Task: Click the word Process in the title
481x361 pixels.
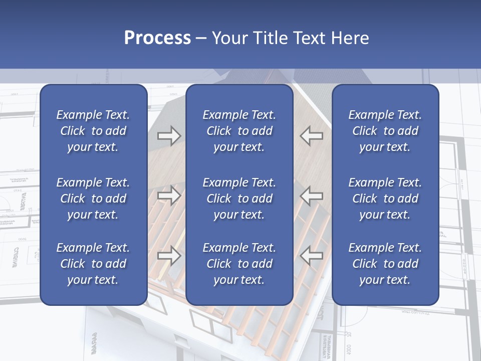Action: tap(157, 38)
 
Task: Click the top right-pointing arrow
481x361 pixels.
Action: tap(169, 135)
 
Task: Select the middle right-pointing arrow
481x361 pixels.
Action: tap(169, 195)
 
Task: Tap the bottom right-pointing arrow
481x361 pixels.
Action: tap(169, 255)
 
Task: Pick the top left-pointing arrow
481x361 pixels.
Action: tap(312, 135)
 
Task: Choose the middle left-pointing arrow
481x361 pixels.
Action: tap(312, 195)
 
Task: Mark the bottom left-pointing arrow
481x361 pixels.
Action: tap(312, 255)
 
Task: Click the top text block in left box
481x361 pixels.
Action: tap(93, 131)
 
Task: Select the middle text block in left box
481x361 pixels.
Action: tap(93, 199)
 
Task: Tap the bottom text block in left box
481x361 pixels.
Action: tap(93, 264)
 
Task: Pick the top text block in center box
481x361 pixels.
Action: tap(239, 131)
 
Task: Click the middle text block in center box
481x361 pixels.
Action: tap(239, 199)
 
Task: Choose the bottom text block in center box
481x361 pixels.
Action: tap(239, 264)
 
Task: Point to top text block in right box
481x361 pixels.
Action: tap(385, 131)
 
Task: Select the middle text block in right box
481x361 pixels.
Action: tap(385, 199)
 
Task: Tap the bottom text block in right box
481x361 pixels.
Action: tap(385, 264)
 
